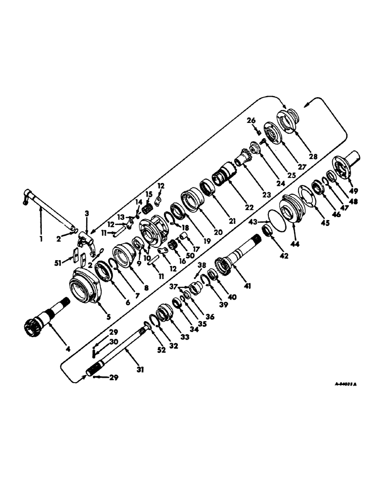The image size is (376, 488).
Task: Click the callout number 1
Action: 41,240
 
